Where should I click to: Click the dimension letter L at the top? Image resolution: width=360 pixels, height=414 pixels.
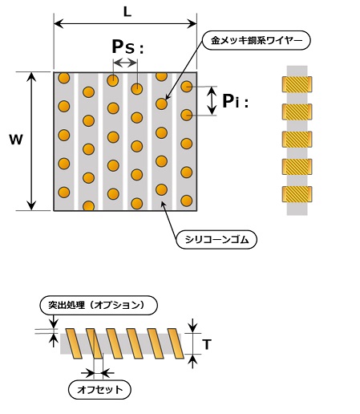[x=127, y=11]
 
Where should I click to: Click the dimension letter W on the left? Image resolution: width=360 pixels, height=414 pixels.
[x=15, y=140]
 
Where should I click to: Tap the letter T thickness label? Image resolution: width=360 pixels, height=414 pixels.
[x=208, y=344]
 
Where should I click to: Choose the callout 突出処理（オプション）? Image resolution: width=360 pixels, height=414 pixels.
[x=96, y=306]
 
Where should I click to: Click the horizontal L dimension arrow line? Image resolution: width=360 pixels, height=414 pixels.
[x=126, y=25]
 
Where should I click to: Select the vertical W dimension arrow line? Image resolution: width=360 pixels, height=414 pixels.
[x=31, y=141]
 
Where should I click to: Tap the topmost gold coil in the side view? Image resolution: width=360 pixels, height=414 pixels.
[x=297, y=83]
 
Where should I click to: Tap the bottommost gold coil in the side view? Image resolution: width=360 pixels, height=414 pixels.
[x=297, y=193]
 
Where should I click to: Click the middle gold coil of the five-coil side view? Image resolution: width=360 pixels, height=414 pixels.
[x=297, y=138]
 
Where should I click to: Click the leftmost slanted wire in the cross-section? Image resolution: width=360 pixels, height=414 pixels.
[x=72, y=343]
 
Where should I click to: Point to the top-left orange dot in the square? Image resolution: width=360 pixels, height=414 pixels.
[x=63, y=79]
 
